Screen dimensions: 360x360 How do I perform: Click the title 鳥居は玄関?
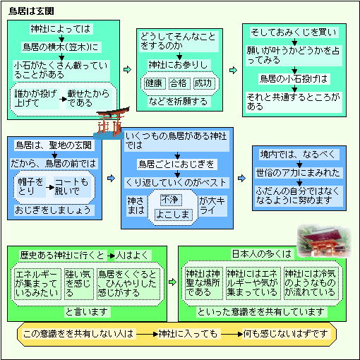pyautogui.click(x=31, y=11)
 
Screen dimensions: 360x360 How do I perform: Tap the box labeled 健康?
pyautogui.click(x=154, y=83)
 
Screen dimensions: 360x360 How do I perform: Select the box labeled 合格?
pyautogui.click(x=179, y=83)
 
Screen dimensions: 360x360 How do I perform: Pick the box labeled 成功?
pyautogui.click(x=203, y=83)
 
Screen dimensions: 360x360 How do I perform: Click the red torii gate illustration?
pyautogui.click(x=111, y=124)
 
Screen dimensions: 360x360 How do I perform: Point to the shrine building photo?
pyautogui.click(x=323, y=241)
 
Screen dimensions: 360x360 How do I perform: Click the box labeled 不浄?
pyautogui.click(x=171, y=200)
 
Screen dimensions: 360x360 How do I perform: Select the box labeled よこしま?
pyautogui.click(x=173, y=215)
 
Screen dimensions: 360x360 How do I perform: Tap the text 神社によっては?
pyautogui.click(x=61, y=29)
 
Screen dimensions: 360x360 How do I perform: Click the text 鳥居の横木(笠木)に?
pyautogui.click(x=61, y=47)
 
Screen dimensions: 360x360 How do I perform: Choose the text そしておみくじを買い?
pyautogui.click(x=294, y=32)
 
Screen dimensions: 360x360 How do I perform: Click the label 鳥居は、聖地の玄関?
pyautogui.click(x=54, y=145)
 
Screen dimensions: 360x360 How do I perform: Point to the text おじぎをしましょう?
pyautogui.click(x=53, y=210)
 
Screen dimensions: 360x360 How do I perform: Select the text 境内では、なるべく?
pyautogui.click(x=298, y=155)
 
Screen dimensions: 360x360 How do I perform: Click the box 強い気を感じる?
pyautogui.click(x=78, y=284)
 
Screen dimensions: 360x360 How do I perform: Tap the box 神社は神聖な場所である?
pyautogui.click(x=203, y=283)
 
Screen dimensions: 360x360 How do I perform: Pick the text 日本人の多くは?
pyautogui.click(x=262, y=254)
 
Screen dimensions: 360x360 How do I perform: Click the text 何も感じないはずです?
pyautogui.click(x=285, y=334)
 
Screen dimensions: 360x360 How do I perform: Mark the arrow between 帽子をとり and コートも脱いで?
pyautogui.click(x=50, y=188)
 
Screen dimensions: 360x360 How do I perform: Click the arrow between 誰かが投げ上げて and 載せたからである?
pyautogui.click(x=63, y=99)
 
